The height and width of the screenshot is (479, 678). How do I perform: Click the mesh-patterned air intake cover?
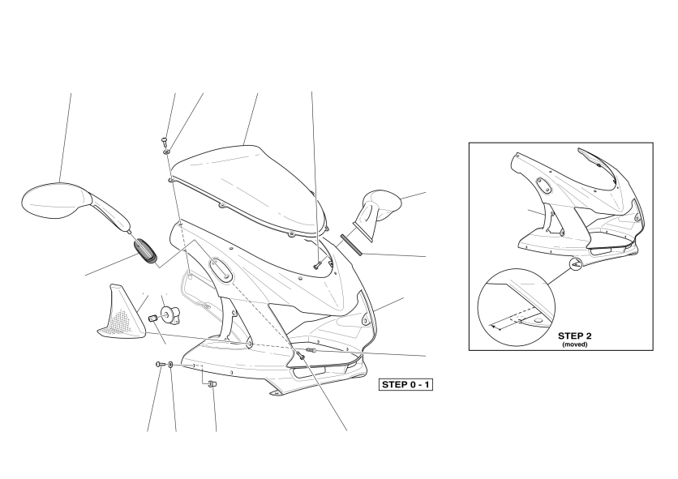pos(119,313)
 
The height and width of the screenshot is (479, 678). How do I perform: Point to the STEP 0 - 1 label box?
pos(406,384)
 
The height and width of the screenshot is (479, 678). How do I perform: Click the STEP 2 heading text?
pos(575,336)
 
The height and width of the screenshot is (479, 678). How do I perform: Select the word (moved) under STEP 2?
pos(575,344)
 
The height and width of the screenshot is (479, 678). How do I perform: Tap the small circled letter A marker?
pos(576,263)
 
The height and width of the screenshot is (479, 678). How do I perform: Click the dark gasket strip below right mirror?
pos(351,245)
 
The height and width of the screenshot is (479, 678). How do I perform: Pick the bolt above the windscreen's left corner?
pos(164,140)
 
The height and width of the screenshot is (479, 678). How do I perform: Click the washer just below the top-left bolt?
pos(166,152)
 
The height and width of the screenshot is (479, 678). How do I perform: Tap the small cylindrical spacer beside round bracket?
pos(152,319)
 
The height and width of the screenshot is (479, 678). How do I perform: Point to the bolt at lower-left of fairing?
pos(160,365)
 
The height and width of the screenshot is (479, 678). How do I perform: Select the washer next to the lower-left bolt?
pos(171,365)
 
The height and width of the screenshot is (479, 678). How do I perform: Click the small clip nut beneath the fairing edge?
pos(212,383)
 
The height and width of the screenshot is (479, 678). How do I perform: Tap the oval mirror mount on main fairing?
pos(221,269)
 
